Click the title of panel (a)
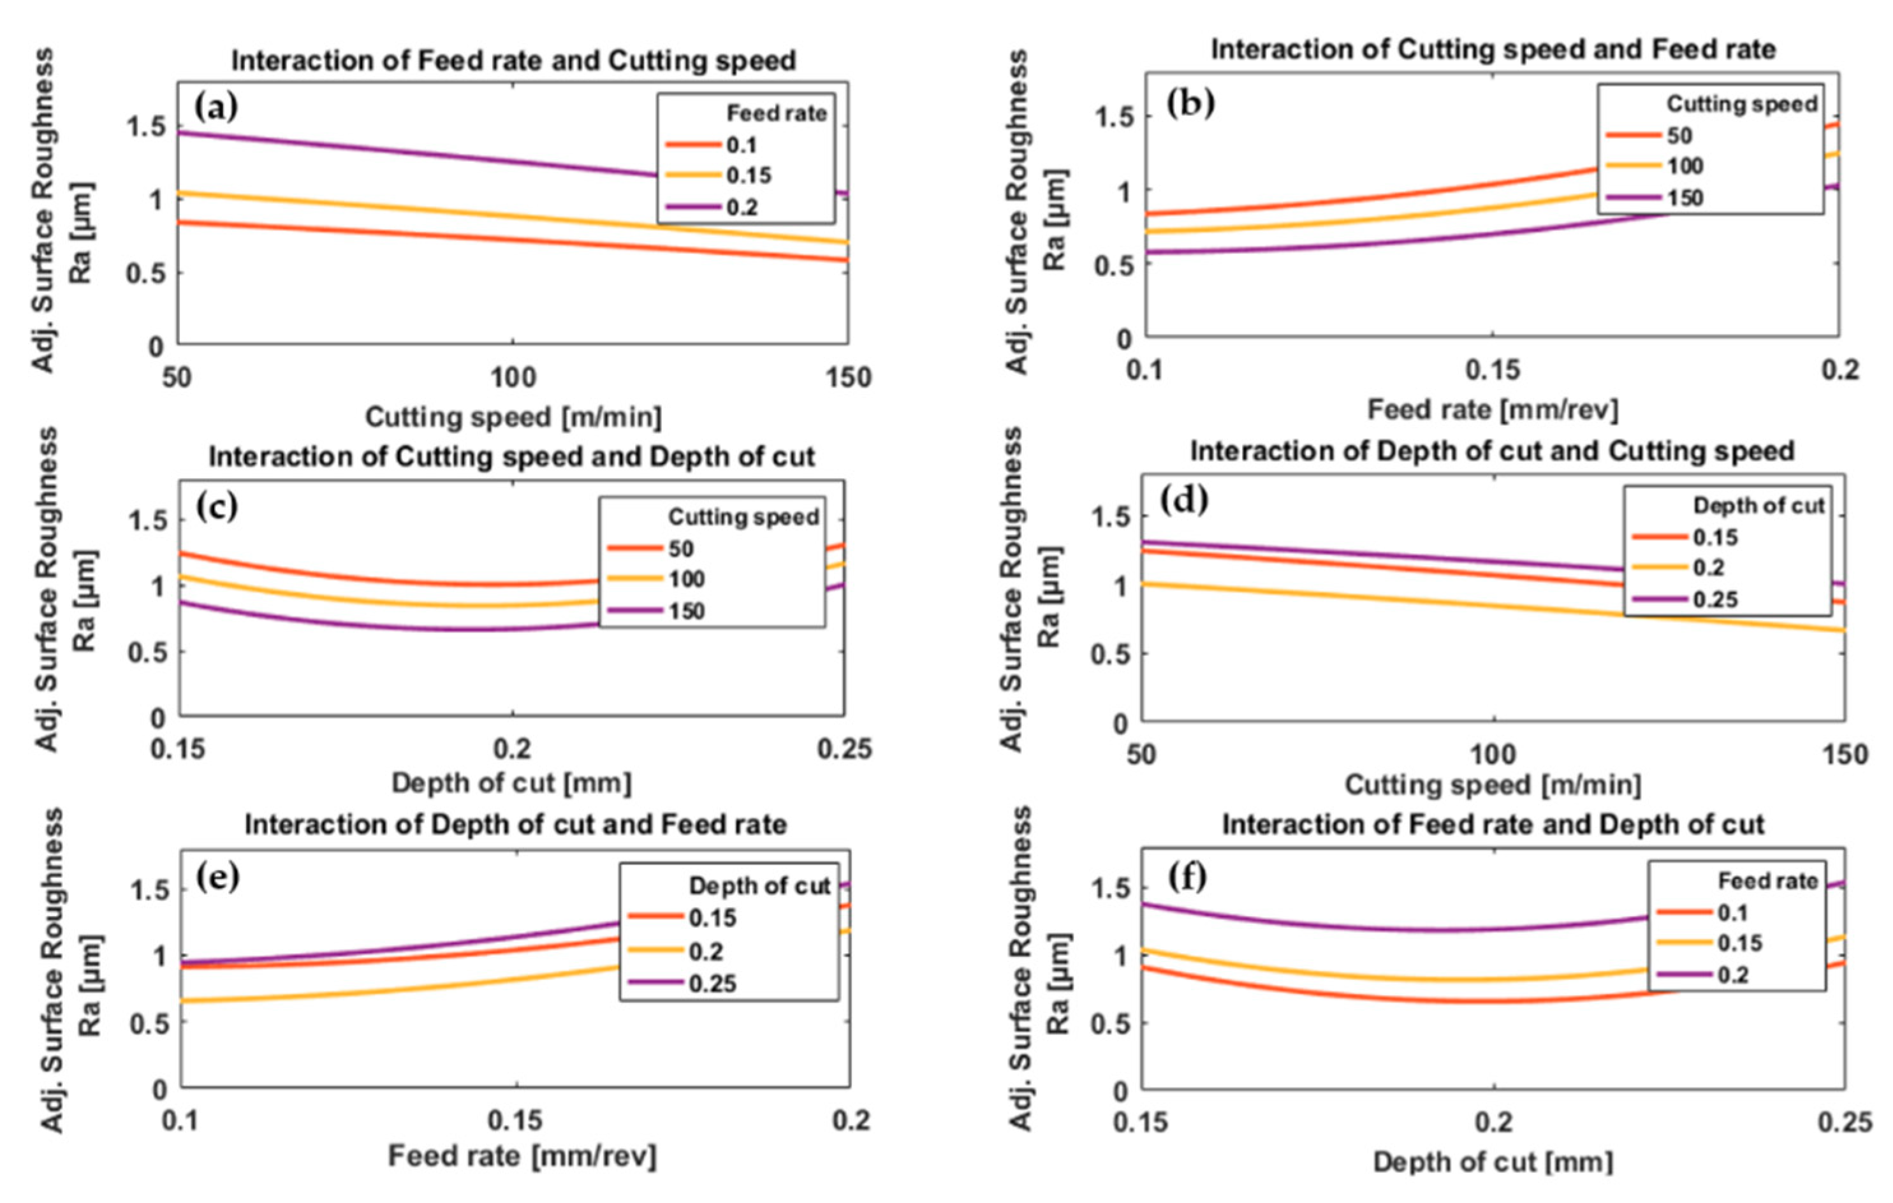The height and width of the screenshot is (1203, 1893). coord(513,61)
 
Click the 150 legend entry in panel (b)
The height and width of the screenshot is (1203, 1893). coord(1685,198)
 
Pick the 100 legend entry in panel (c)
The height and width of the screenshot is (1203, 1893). coord(686,580)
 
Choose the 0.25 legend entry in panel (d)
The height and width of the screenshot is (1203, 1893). coord(1714,600)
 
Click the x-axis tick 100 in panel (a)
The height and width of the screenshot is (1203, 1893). coord(513,378)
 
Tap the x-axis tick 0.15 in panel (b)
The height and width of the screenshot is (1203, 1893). coord(1492,370)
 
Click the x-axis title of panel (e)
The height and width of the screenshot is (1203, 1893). coord(522,1156)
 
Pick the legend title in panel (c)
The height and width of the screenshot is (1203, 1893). coord(743,516)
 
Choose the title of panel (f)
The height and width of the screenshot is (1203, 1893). coord(1493,824)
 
